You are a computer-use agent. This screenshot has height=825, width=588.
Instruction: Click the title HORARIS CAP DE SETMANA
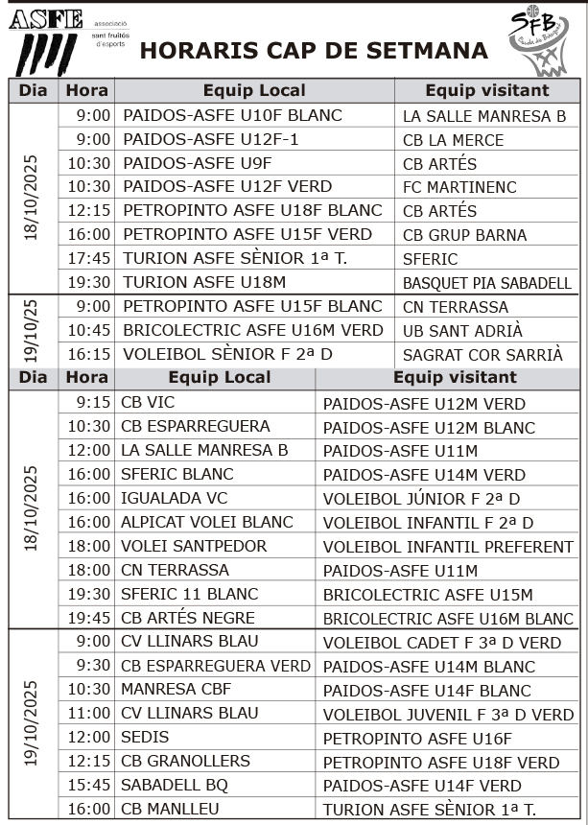pyautogui.click(x=314, y=51)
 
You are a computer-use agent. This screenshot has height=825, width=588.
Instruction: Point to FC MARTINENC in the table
pyautogui.click(x=459, y=187)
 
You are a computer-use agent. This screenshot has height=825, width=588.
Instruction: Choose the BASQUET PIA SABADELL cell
pyautogui.click(x=486, y=283)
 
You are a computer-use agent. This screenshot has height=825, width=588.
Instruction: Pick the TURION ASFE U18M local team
pyautogui.click(x=204, y=282)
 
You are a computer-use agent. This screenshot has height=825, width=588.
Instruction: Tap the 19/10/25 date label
pyautogui.click(x=33, y=330)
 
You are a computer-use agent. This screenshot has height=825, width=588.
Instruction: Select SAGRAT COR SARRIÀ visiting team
pyautogui.click(x=482, y=354)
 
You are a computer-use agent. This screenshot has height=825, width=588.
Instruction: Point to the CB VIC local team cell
pyautogui.click(x=148, y=402)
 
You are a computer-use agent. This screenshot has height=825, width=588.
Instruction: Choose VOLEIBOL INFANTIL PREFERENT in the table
pyautogui.click(x=448, y=546)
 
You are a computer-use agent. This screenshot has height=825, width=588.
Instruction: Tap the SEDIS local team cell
pyautogui.click(x=145, y=737)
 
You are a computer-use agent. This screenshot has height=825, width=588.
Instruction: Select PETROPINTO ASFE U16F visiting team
pyautogui.click(x=417, y=738)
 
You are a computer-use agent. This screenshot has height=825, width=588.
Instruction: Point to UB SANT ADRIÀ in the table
pyautogui.click(x=462, y=331)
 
